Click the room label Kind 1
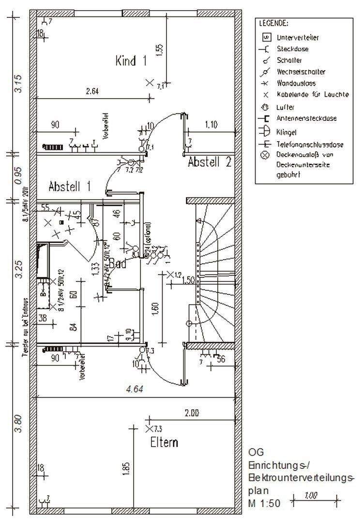(x=131, y=61)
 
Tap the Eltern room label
(x=164, y=442)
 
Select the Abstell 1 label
(x=71, y=186)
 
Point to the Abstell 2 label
(x=209, y=162)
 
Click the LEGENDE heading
(x=274, y=23)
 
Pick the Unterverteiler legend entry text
(x=298, y=37)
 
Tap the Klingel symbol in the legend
(x=265, y=131)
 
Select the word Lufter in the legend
(x=286, y=107)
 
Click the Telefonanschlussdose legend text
(x=310, y=144)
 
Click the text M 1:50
(x=264, y=503)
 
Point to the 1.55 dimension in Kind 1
(x=161, y=50)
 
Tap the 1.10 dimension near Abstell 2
(x=211, y=125)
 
